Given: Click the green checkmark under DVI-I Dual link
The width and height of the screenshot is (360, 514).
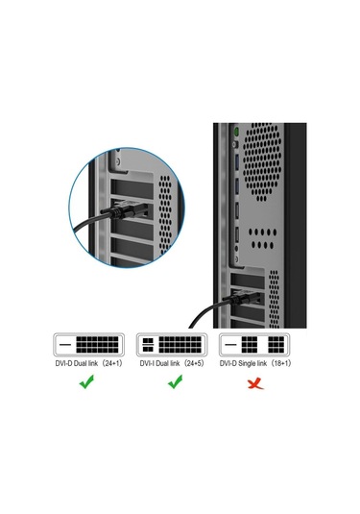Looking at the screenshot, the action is [x=174, y=381].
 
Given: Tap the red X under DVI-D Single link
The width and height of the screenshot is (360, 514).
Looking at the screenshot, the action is [x=253, y=382].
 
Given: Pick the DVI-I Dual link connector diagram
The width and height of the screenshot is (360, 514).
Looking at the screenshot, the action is [x=174, y=344].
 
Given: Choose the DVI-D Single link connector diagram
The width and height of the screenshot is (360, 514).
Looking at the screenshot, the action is [x=254, y=344].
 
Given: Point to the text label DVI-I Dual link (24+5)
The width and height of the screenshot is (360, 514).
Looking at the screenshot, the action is [x=174, y=363].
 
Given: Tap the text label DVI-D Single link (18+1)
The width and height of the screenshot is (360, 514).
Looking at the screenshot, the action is [x=254, y=363].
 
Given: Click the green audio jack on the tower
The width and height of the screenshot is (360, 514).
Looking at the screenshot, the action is [x=236, y=131].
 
